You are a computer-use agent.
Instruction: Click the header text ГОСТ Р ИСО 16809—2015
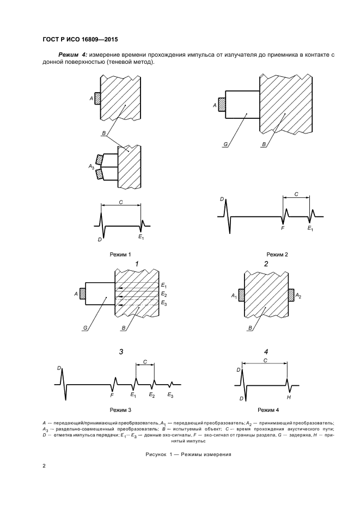coord(80,39)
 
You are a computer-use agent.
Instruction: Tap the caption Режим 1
coord(120,254)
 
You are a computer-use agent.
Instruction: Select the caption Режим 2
coord(277,254)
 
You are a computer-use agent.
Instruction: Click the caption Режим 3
coord(120,409)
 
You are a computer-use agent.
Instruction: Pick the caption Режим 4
coord(268,409)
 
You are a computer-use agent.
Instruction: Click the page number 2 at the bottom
coord(44,466)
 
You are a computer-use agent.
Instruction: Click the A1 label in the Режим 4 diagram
coord(233,296)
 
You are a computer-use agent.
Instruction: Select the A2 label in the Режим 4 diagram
coord(298,296)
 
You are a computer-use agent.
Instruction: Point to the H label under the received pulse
coord(289,398)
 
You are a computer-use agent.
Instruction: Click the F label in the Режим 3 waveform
coord(112,394)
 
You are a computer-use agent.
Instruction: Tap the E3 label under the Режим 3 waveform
coord(170,394)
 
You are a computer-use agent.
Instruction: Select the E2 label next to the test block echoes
coord(163,294)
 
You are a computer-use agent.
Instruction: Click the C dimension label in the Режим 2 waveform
coord(296,193)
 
